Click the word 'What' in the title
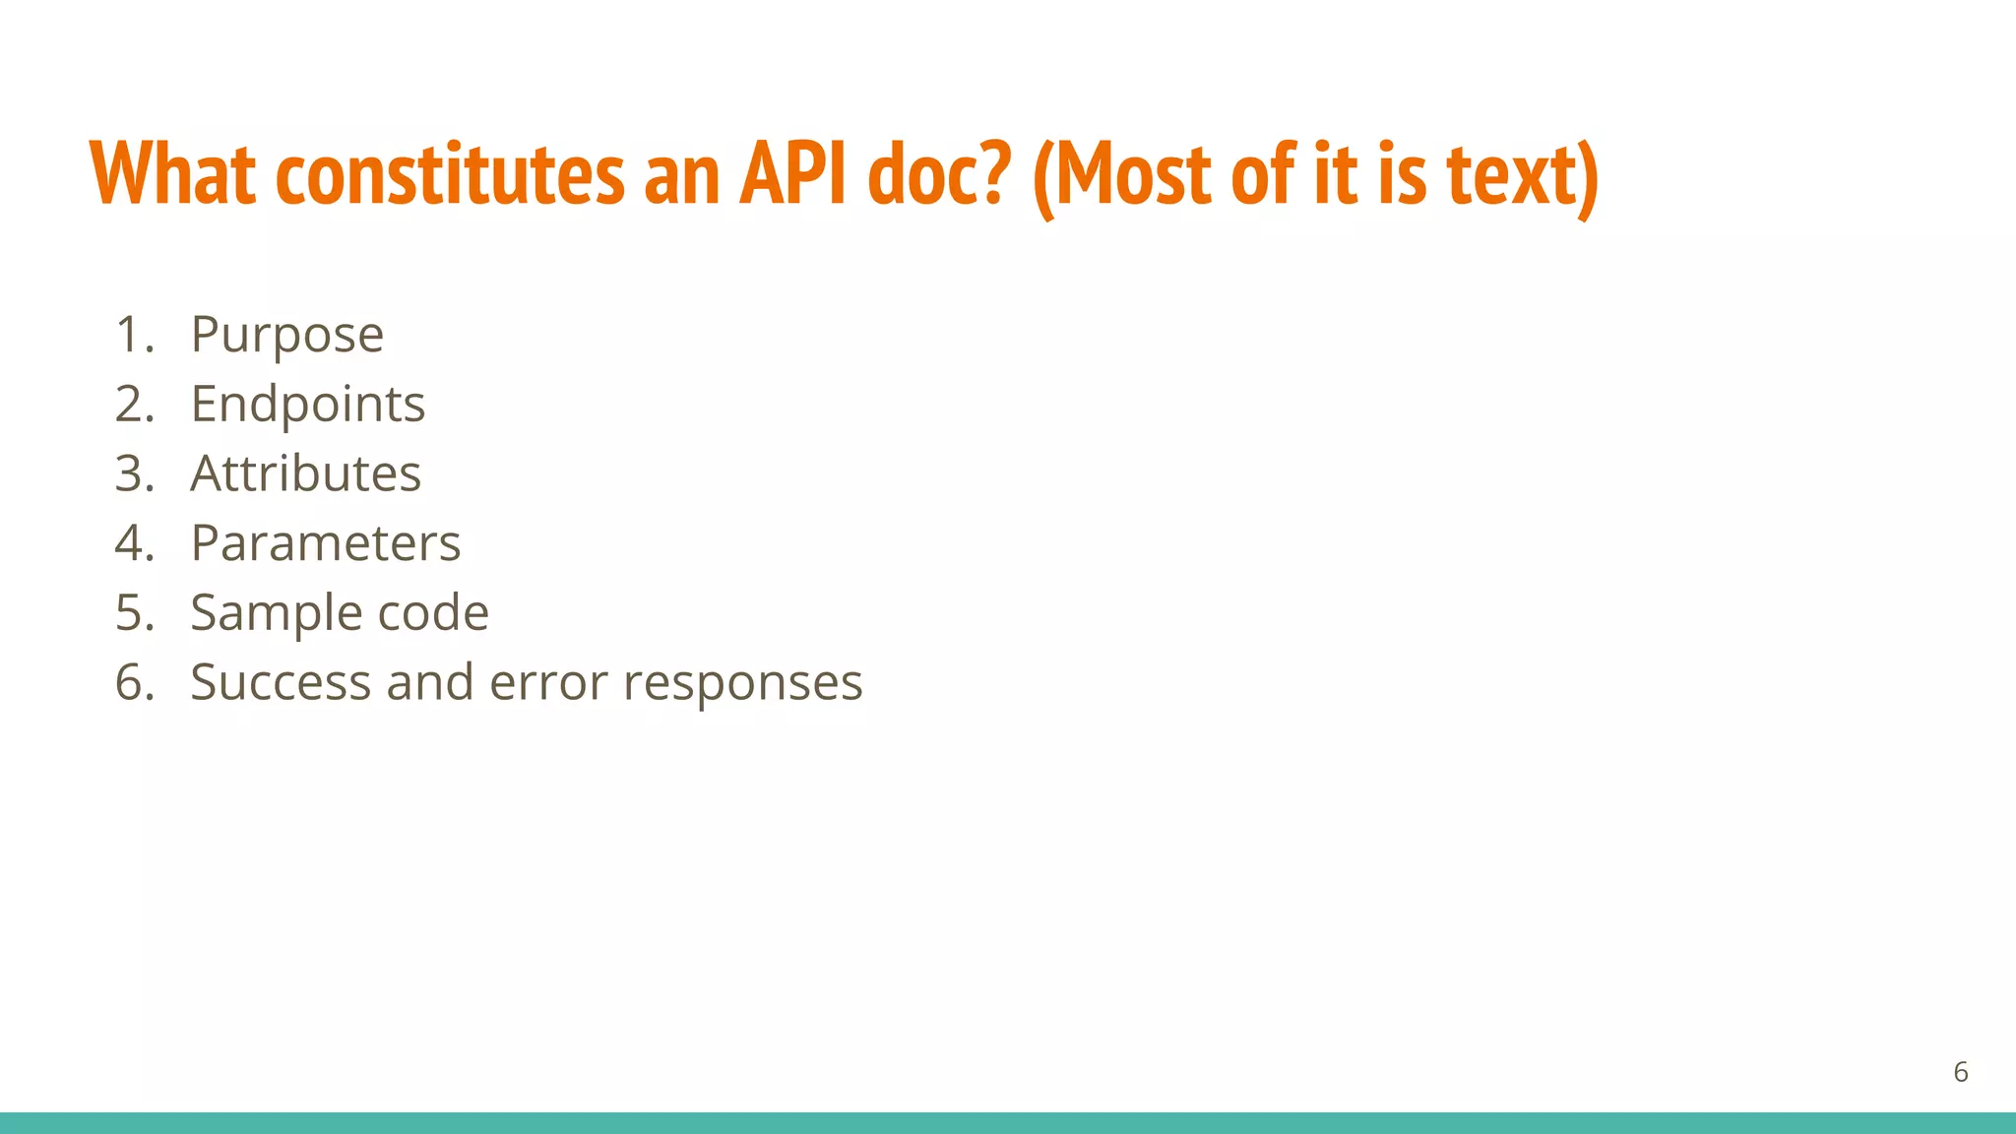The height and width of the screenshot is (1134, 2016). [173, 174]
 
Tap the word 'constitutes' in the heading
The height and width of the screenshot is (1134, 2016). [450, 174]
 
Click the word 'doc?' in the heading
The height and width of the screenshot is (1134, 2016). [940, 174]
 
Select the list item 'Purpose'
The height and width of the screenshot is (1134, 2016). [286, 335]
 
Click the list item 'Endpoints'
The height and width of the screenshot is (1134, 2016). [307, 404]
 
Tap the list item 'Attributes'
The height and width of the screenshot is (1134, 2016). [305, 473]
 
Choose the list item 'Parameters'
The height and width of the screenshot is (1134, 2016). [325, 542]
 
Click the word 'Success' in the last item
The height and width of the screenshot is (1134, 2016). [280, 682]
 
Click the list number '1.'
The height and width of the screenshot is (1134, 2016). [135, 335]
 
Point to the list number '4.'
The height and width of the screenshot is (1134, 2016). [135, 542]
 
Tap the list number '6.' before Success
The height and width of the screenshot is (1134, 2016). [135, 682]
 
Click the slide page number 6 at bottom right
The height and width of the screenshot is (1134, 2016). [1960, 1072]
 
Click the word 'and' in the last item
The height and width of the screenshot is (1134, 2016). [429, 682]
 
